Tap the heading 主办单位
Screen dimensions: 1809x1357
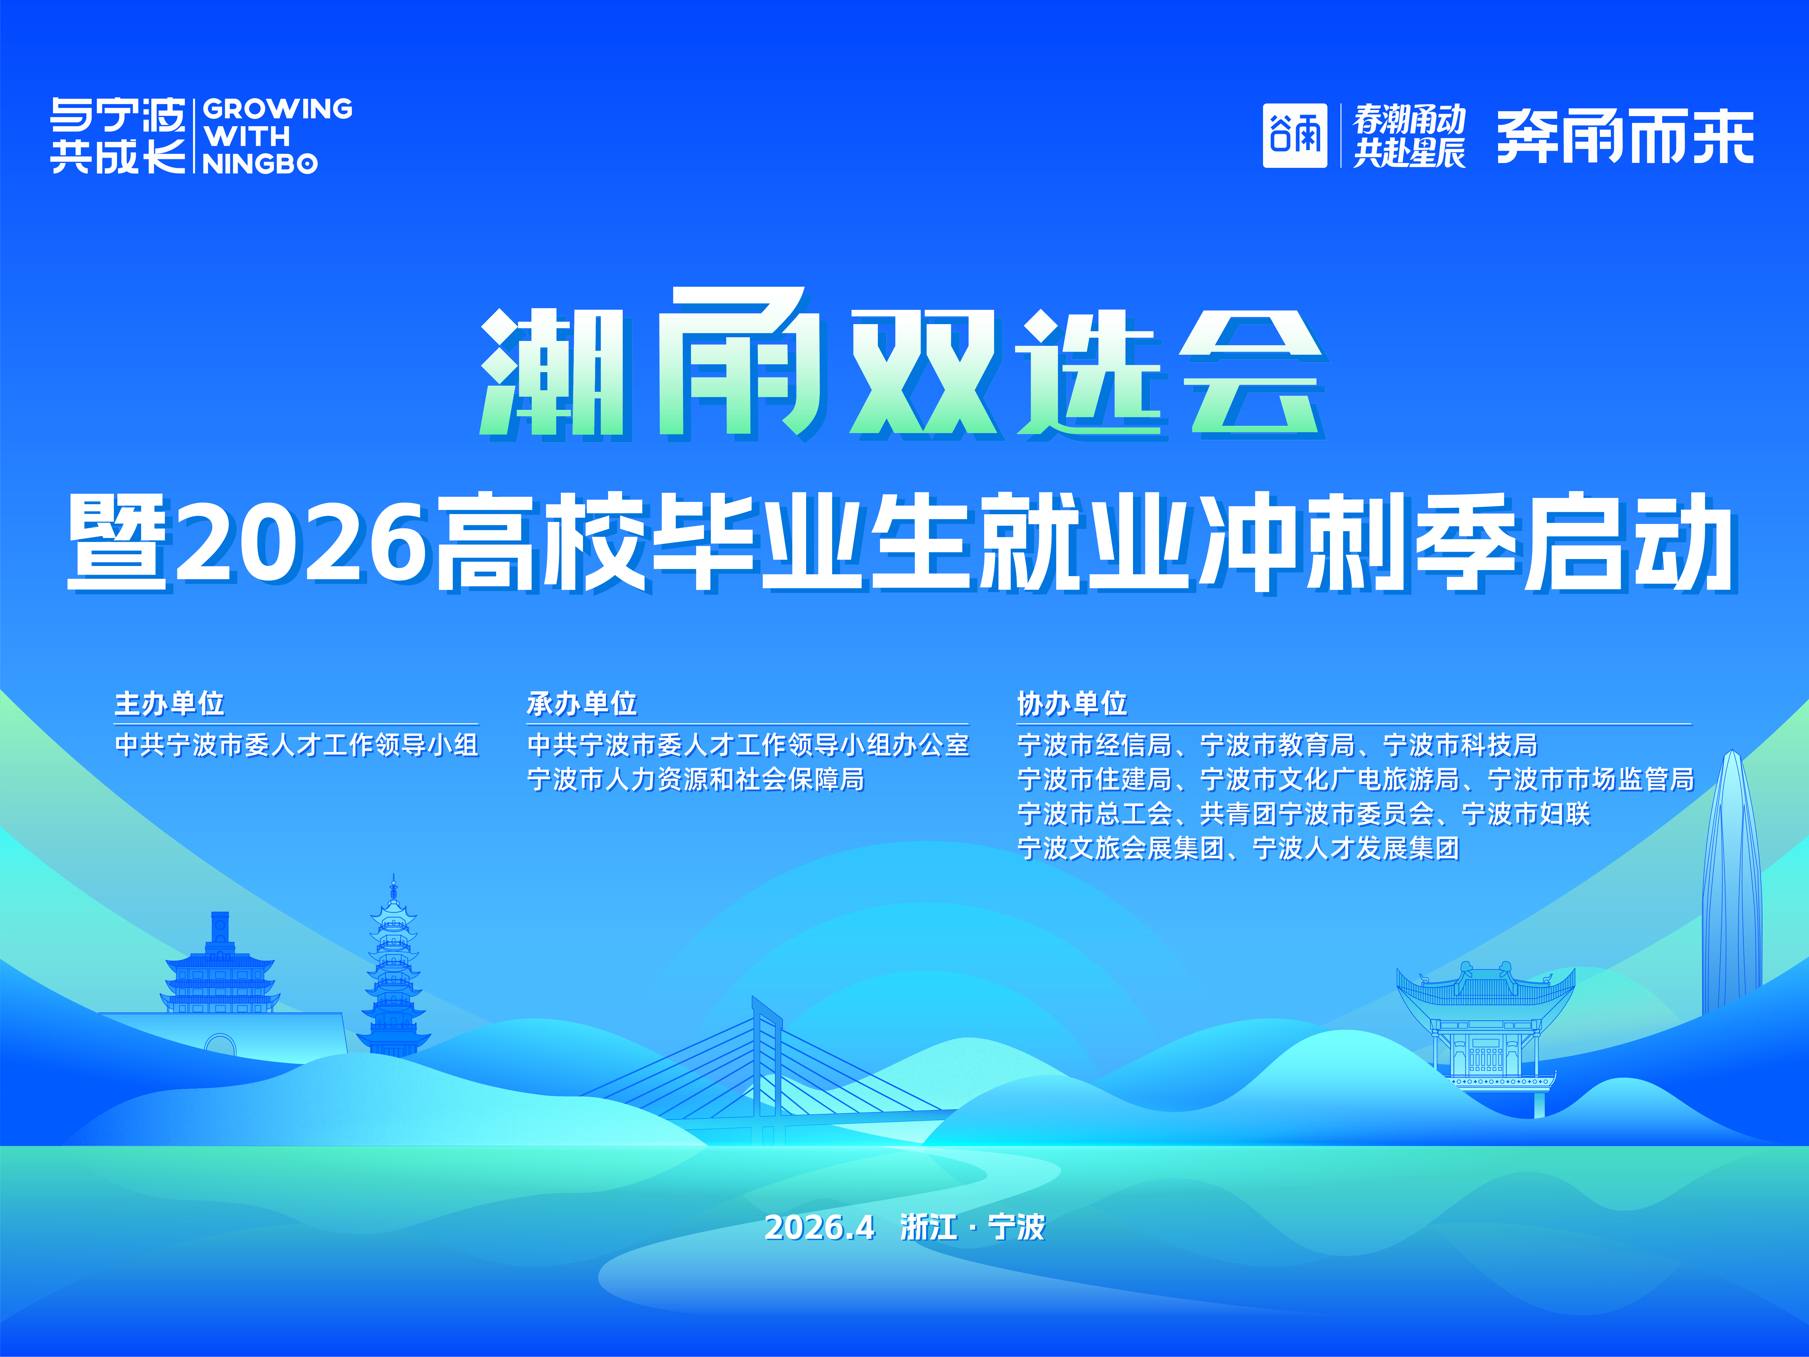(169, 703)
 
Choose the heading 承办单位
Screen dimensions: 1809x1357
(581, 703)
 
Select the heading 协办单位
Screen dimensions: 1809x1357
(1072, 703)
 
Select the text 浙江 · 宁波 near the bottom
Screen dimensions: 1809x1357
(972, 1227)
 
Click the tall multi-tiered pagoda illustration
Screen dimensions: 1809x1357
(393, 967)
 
